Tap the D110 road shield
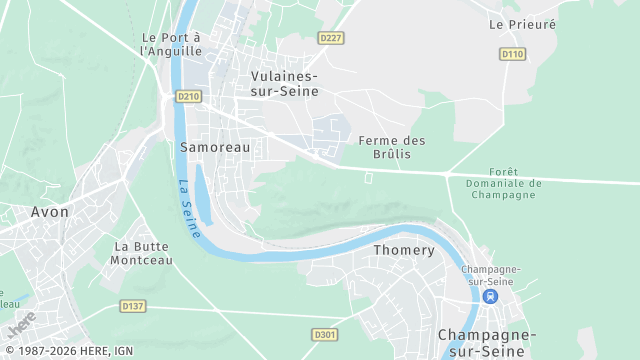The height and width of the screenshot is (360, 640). tap(512, 54)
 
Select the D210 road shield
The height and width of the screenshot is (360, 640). tap(187, 96)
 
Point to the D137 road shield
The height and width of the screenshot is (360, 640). tap(132, 305)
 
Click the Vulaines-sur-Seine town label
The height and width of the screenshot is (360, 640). tap(284, 84)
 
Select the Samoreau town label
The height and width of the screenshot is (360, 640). tap(215, 146)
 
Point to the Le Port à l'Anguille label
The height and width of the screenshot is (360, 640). tap(172, 44)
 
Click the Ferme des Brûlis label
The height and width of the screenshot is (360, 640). tap(392, 147)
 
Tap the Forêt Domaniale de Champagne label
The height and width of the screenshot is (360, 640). tap(503, 183)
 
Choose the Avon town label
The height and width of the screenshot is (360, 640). tap(49, 212)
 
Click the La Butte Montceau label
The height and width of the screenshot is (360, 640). tap(143, 253)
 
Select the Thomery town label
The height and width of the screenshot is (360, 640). tap(404, 250)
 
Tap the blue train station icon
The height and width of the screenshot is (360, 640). tap(490, 296)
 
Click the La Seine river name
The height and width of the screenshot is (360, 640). tap(189, 207)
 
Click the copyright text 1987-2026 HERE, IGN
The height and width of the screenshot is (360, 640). tap(67, 351)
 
